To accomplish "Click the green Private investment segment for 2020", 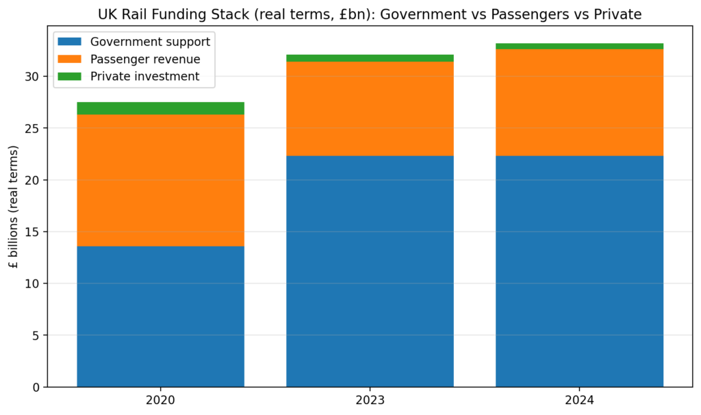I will [160, 108].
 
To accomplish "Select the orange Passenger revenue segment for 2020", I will [160, 180].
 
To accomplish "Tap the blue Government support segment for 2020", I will [160, 316].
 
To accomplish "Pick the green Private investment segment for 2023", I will [370, 58].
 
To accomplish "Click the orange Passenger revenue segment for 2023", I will [370, 109].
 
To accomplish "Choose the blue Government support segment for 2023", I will [370, 271].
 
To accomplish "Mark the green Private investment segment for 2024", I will [579, 47].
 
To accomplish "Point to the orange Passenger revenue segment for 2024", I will [579, 103].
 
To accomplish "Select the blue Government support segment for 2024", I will [579, 271].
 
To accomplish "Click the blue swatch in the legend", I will [71, 42].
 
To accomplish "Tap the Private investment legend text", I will [144, 77].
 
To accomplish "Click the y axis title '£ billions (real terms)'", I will [14, 206].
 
